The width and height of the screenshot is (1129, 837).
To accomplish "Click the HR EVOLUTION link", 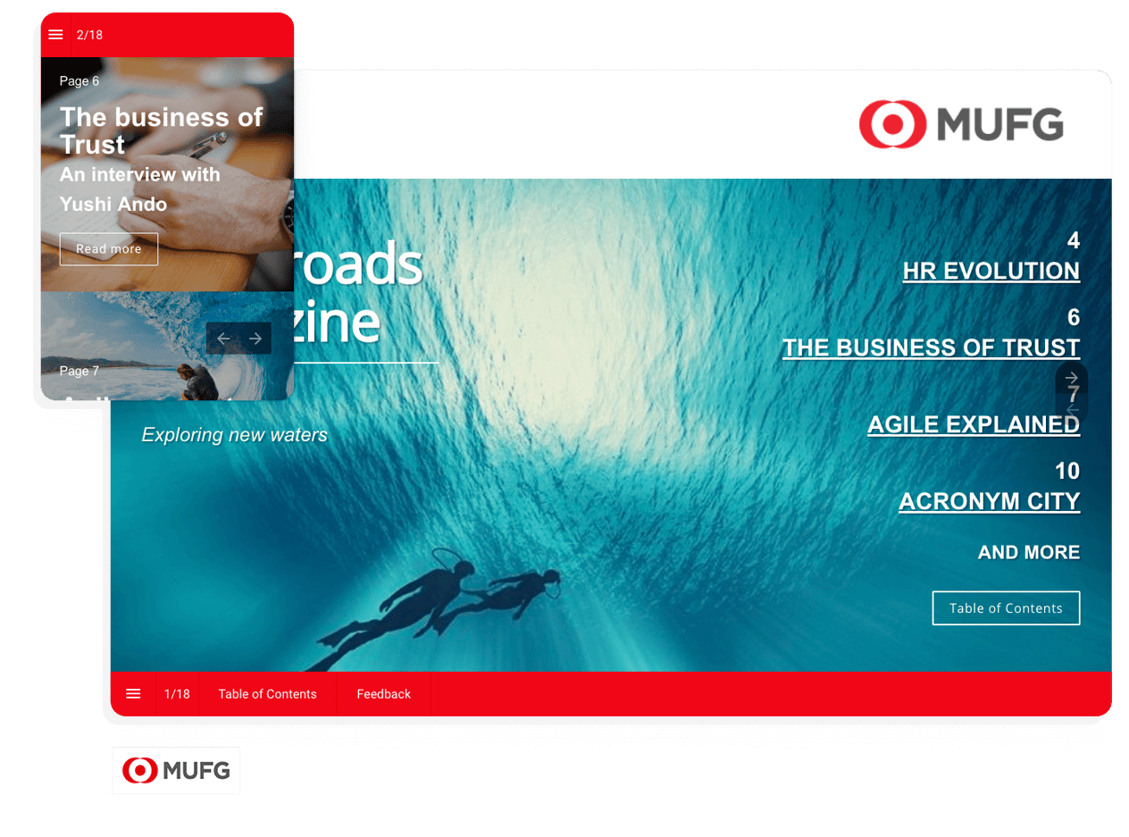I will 991,272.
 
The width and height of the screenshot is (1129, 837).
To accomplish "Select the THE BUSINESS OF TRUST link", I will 931,348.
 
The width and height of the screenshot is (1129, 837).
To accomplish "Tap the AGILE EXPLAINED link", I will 973,425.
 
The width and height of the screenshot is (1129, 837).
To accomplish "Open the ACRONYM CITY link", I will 989,502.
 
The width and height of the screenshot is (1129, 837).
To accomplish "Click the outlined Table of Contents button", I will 1006,608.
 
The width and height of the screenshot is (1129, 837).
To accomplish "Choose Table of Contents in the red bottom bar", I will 267,694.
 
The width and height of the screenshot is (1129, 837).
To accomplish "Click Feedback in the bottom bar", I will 383,694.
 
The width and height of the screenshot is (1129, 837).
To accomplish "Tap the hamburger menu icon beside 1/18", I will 133,694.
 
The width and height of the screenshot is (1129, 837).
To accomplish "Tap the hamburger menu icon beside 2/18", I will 55,35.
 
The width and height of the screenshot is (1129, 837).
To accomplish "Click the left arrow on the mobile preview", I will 223,339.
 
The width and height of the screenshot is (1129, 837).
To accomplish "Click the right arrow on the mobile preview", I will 255,339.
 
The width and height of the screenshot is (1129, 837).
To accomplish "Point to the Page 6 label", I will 79,81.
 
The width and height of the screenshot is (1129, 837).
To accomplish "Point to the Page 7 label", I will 79,371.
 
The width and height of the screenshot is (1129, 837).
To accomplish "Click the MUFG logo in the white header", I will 961,124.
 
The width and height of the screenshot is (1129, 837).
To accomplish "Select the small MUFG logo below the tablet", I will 176,770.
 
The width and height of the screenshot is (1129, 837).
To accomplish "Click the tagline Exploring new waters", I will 234,435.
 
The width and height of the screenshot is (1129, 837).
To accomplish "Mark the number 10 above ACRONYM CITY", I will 1066,471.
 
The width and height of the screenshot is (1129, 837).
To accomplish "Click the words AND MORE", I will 1028,553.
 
